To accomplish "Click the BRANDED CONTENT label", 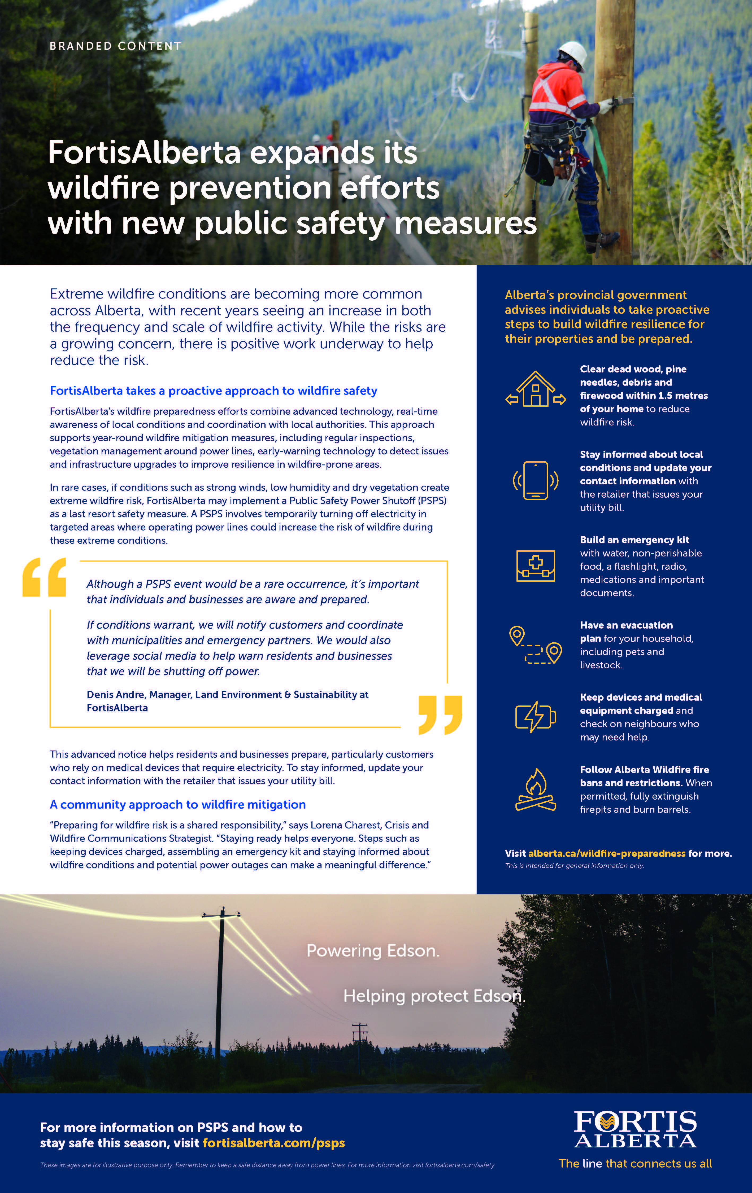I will point(115,46).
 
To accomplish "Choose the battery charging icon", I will point(535,716).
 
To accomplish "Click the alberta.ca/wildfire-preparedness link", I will point(607,853).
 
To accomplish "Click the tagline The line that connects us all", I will point(635,1163).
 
